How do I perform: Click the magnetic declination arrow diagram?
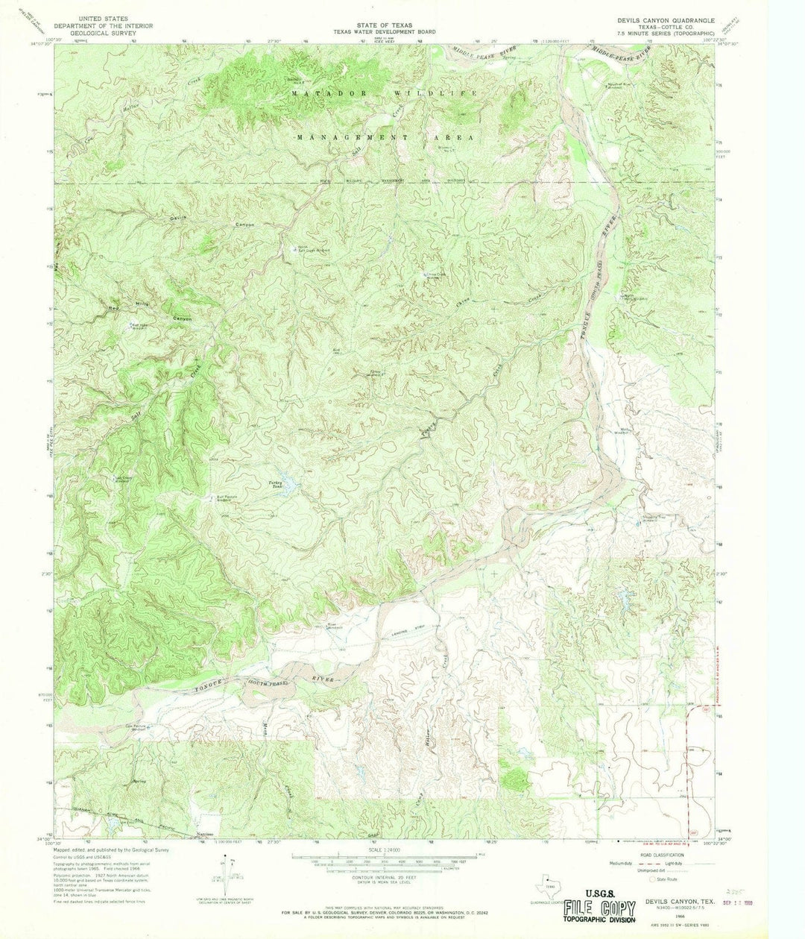(221, 871)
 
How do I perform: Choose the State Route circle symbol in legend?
(650, 879)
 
